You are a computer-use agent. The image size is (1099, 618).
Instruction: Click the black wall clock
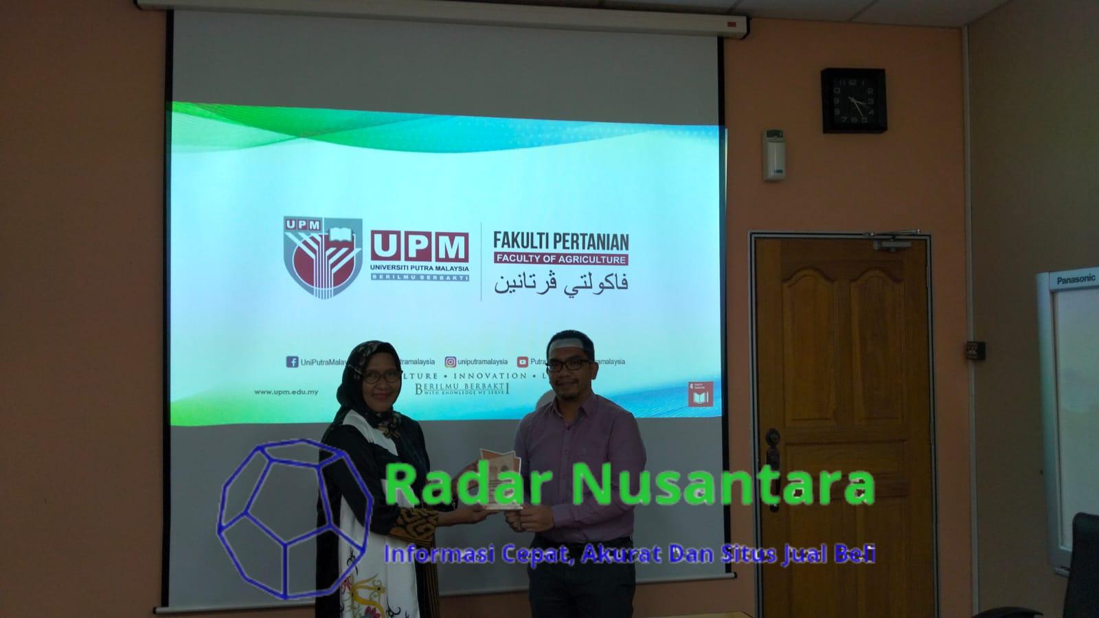tap(853, 100)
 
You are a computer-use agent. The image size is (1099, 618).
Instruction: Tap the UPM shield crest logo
tap(323, 257)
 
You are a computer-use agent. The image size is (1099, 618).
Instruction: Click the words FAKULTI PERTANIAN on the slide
tap(560, 241)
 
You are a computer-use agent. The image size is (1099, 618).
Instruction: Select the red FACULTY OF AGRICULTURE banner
tap(560, 260)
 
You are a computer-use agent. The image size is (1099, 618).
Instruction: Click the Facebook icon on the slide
tap(292, 362)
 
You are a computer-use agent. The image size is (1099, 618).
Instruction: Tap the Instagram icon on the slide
tap(450, 362)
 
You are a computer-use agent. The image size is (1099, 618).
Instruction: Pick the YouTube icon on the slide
tap(523, 362)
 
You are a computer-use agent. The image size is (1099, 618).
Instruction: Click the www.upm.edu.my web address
tap(286, 392)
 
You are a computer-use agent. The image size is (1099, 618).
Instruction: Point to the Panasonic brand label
tap(1076, 279)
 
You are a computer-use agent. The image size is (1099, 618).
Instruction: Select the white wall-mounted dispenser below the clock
tap(773, 154)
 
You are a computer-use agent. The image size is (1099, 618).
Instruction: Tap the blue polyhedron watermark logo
tap(294, 518)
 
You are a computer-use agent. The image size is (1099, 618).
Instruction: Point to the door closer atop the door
tap(893, 243)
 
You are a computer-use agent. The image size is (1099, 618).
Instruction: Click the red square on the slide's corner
tap(700, 394)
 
